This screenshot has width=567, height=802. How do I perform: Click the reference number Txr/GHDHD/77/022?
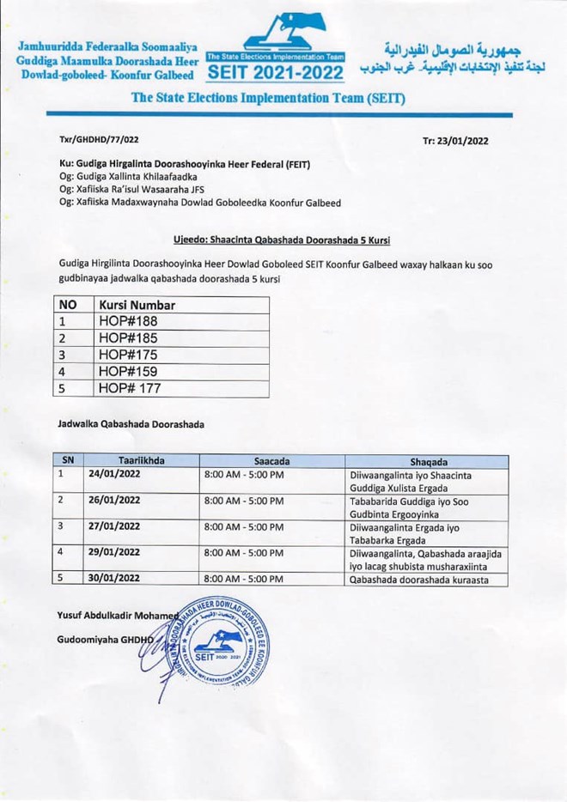point(99,139)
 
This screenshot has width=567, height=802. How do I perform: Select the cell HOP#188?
point(128,322)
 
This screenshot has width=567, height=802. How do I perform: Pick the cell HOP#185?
point(128,338)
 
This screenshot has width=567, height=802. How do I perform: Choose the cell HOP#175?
point(128,355)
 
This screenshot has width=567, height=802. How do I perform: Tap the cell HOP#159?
point(128,372)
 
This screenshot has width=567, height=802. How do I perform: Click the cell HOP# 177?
point(130,389)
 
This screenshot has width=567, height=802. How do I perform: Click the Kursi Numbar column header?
point(137,305)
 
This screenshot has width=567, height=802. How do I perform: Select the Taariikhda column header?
point(142,460)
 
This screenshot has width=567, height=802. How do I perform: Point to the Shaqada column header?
point(428,460)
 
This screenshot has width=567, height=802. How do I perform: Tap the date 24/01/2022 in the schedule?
point(114,474)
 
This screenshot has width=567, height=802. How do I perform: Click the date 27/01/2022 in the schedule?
point(114,526)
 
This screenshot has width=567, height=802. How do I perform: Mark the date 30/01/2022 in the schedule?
point(114,579)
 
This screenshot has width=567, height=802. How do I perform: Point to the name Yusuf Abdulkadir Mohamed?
point(117,616)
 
